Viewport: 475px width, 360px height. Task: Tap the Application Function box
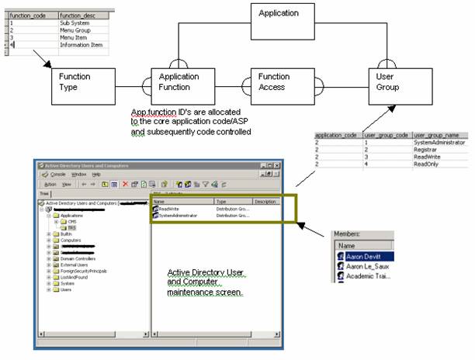click(179, 83)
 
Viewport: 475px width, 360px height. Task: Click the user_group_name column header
click(439, 135)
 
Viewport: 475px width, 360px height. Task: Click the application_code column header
click(336, 135)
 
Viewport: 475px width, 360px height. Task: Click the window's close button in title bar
click(280, 164)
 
